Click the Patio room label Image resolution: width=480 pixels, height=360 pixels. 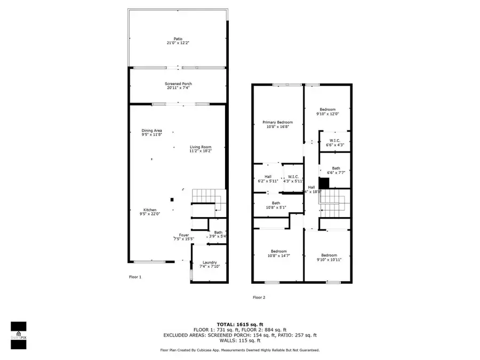tap(171, 39)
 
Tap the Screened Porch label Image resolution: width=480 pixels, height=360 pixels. tap(178, 84)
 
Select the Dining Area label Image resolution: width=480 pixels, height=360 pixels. tap(151, 131)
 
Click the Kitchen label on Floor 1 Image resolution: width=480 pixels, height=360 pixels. tap(150, 210)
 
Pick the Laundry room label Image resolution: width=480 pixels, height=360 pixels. tap(209, 262)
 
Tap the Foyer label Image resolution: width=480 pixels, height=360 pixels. tap(183, 235)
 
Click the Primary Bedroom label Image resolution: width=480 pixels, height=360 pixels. tap(277, 122)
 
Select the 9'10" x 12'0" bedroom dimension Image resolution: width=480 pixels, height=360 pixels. tap(327, 114)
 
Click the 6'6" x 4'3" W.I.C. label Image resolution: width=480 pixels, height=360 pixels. tap(335, 145)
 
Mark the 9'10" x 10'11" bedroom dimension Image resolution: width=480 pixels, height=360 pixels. tap(329, 260)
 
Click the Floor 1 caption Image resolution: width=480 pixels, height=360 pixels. tap(136, 277)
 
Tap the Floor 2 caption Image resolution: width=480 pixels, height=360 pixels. tap(259, 298)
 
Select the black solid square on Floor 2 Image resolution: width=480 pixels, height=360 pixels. tap(324, 182)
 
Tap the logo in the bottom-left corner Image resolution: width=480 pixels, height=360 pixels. tap(19, 335)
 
